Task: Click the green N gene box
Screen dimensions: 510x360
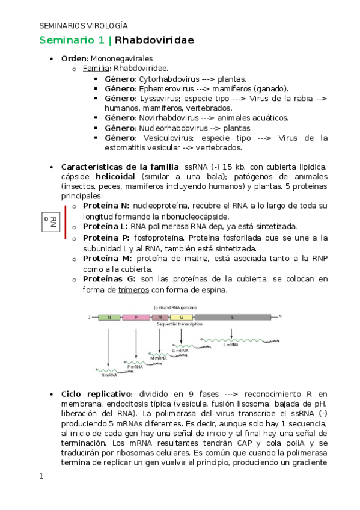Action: pyautogui.click(x=109, y=316)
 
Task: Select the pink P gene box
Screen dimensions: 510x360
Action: pyautogui.click(x=136, y=316)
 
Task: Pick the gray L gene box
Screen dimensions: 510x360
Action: pyautogui.click(x=232, y=316)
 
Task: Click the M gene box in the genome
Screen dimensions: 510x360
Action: pyautogui.click(x=160, y=316)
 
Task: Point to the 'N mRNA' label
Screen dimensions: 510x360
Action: pyautogui.click(x=109, y=375)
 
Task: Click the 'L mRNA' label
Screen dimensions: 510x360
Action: pyautogui.click(x=231, y=345)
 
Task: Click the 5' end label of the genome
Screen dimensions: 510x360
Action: pyautogui.click(x=281, y=316)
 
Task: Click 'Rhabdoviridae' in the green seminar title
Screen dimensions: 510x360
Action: pyautogui.click(x=154, y=41)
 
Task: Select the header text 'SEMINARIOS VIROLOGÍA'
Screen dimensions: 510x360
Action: pyautogui.click(x=84, y=26)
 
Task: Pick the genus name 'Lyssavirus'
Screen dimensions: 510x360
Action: pyautogui.click(x=159, y=98)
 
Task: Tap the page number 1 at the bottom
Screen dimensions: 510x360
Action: pyautogui.click(x=41, y=476)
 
